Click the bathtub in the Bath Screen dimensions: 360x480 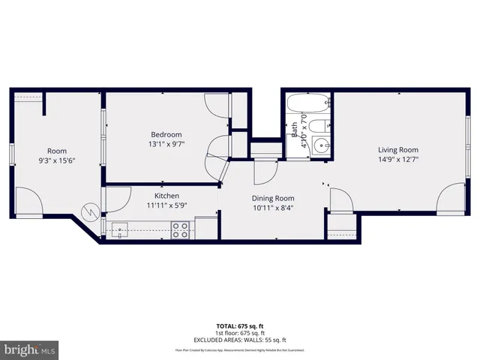(x=307, y=103)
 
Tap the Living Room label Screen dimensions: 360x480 (x=397, y=148)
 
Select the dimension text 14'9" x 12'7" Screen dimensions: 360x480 (x=397, y=158)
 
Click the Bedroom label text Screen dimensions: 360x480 (x=166, y=134)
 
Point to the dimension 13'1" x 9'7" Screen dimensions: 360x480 (x=166, y=144)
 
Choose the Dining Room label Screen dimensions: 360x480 (x=251, y=198)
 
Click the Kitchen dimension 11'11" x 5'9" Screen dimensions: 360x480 (x=166, y=205)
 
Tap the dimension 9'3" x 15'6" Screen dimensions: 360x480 (x=57, y=160)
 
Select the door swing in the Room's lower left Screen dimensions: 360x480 (x=28, y=202)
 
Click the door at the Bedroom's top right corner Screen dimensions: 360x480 (x=217, y=104)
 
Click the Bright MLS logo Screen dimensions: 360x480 (x=30, y=349)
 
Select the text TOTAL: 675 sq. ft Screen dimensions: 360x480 (x=239, y=325)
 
